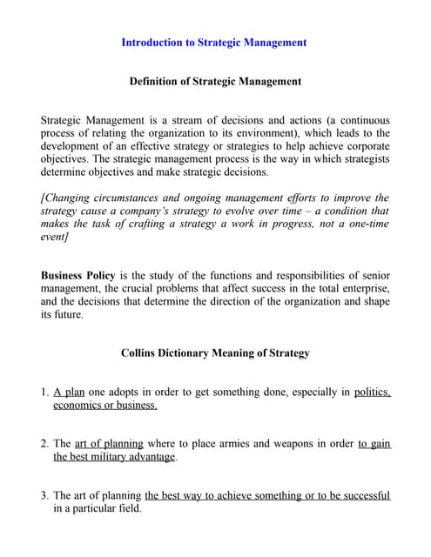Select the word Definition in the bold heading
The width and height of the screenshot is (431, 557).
pos(157,82)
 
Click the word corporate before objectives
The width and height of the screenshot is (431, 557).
pos(360,147)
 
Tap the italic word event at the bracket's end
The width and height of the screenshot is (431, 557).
pos(54,238)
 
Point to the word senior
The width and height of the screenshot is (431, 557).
pos(372,275)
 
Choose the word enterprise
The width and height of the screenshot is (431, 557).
pos(364,289)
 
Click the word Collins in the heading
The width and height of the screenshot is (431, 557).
pos(139,353)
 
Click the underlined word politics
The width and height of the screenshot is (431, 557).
pos(372,393)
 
